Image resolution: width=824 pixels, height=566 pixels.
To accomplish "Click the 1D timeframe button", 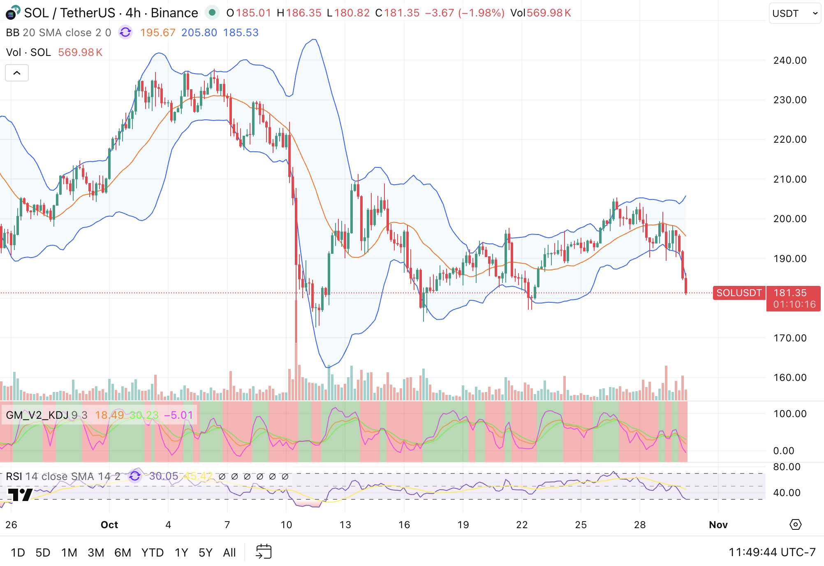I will [x=18, y=552].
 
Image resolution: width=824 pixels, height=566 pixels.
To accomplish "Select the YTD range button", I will [x=152, y=552].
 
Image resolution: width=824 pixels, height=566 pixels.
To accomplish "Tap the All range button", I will [x=229, y=552].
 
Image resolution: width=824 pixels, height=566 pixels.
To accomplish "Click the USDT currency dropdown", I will [x=794, y=14].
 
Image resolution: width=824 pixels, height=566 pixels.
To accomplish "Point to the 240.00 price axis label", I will [x=789, y=60].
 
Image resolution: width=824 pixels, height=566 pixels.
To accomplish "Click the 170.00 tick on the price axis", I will [x=789, y=338].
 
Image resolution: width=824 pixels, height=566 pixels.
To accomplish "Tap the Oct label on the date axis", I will [x=109, y=525].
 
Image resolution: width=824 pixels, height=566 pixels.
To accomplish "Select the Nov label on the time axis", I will [x=718, y=525].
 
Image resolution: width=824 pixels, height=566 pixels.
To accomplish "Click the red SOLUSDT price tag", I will [x=739, y=293].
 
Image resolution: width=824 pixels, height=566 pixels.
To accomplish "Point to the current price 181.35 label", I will [x=790, y=293].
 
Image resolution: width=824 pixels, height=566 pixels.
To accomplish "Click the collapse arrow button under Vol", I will [x=17, y=73].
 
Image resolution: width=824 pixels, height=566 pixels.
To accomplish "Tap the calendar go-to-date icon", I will [x=264, y=552].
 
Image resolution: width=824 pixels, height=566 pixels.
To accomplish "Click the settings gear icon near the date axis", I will [x=795, y=525].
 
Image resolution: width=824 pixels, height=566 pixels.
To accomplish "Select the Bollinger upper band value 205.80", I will [x=199, y=32].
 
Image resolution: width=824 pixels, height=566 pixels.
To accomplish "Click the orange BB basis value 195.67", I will [x=157, y=32].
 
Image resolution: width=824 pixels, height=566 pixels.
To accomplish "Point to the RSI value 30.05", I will [x=163, y=476].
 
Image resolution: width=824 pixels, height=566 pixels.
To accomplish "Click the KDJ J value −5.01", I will [x=178, y=415].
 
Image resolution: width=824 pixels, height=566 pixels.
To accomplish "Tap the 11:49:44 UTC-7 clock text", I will [x=772, y=552].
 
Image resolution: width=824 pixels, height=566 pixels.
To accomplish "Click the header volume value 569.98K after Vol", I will [x=549, y=13].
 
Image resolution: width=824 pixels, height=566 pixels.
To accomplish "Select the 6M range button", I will [x=123, y=552].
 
